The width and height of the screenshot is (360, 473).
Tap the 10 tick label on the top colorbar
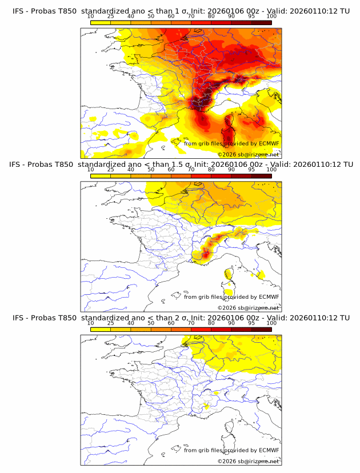(91, 16)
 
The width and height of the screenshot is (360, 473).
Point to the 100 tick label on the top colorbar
(271, 16)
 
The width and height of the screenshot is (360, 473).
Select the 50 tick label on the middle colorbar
(151, 170)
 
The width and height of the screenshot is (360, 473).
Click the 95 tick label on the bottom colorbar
(251, 323)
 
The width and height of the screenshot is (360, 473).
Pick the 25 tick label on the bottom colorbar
(111, 323)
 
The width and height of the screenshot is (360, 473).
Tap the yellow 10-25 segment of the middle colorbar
(101, 175)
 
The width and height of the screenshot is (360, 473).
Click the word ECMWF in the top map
(269, 143)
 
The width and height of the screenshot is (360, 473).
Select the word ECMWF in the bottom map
(269, 450)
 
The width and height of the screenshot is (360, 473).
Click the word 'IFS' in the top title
(18, 10)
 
